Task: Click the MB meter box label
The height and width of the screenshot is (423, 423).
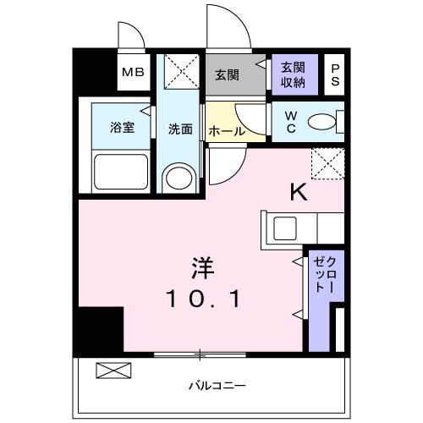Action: [x=133, y=73]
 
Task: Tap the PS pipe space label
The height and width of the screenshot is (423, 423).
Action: [x=335, y=73]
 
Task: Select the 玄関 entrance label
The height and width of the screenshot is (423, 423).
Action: [x=226, y=74]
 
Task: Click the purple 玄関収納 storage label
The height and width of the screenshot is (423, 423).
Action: [x=294, y=74]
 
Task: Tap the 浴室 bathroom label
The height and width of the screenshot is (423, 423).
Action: [x=122, y=128]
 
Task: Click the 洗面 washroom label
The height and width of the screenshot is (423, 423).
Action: [x=179, y=129]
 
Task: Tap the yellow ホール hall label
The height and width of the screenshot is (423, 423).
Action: [x=227, y=131]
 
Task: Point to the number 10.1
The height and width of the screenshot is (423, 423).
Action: [x=203, y=299]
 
